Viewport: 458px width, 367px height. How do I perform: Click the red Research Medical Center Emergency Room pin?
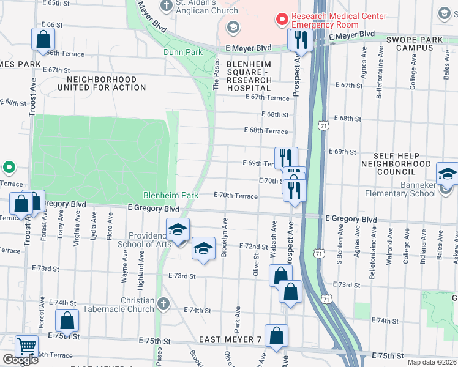(282, 19)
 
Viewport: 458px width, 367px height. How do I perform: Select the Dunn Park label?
(183, 53)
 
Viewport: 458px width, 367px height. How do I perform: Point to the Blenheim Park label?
(171, 195)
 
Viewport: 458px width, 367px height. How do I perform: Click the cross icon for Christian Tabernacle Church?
(163, 303)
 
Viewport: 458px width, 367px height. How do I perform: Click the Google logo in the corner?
(20, 360)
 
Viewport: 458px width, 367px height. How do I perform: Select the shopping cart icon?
(26, 346)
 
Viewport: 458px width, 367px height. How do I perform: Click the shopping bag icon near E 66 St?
(43, 40)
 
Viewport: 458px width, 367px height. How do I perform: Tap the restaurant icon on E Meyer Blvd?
(301, 40)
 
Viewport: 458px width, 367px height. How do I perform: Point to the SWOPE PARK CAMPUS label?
(418, 43)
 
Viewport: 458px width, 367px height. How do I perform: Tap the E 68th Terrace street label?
(266, 131)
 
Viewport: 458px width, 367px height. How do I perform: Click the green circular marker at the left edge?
(9, 166)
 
